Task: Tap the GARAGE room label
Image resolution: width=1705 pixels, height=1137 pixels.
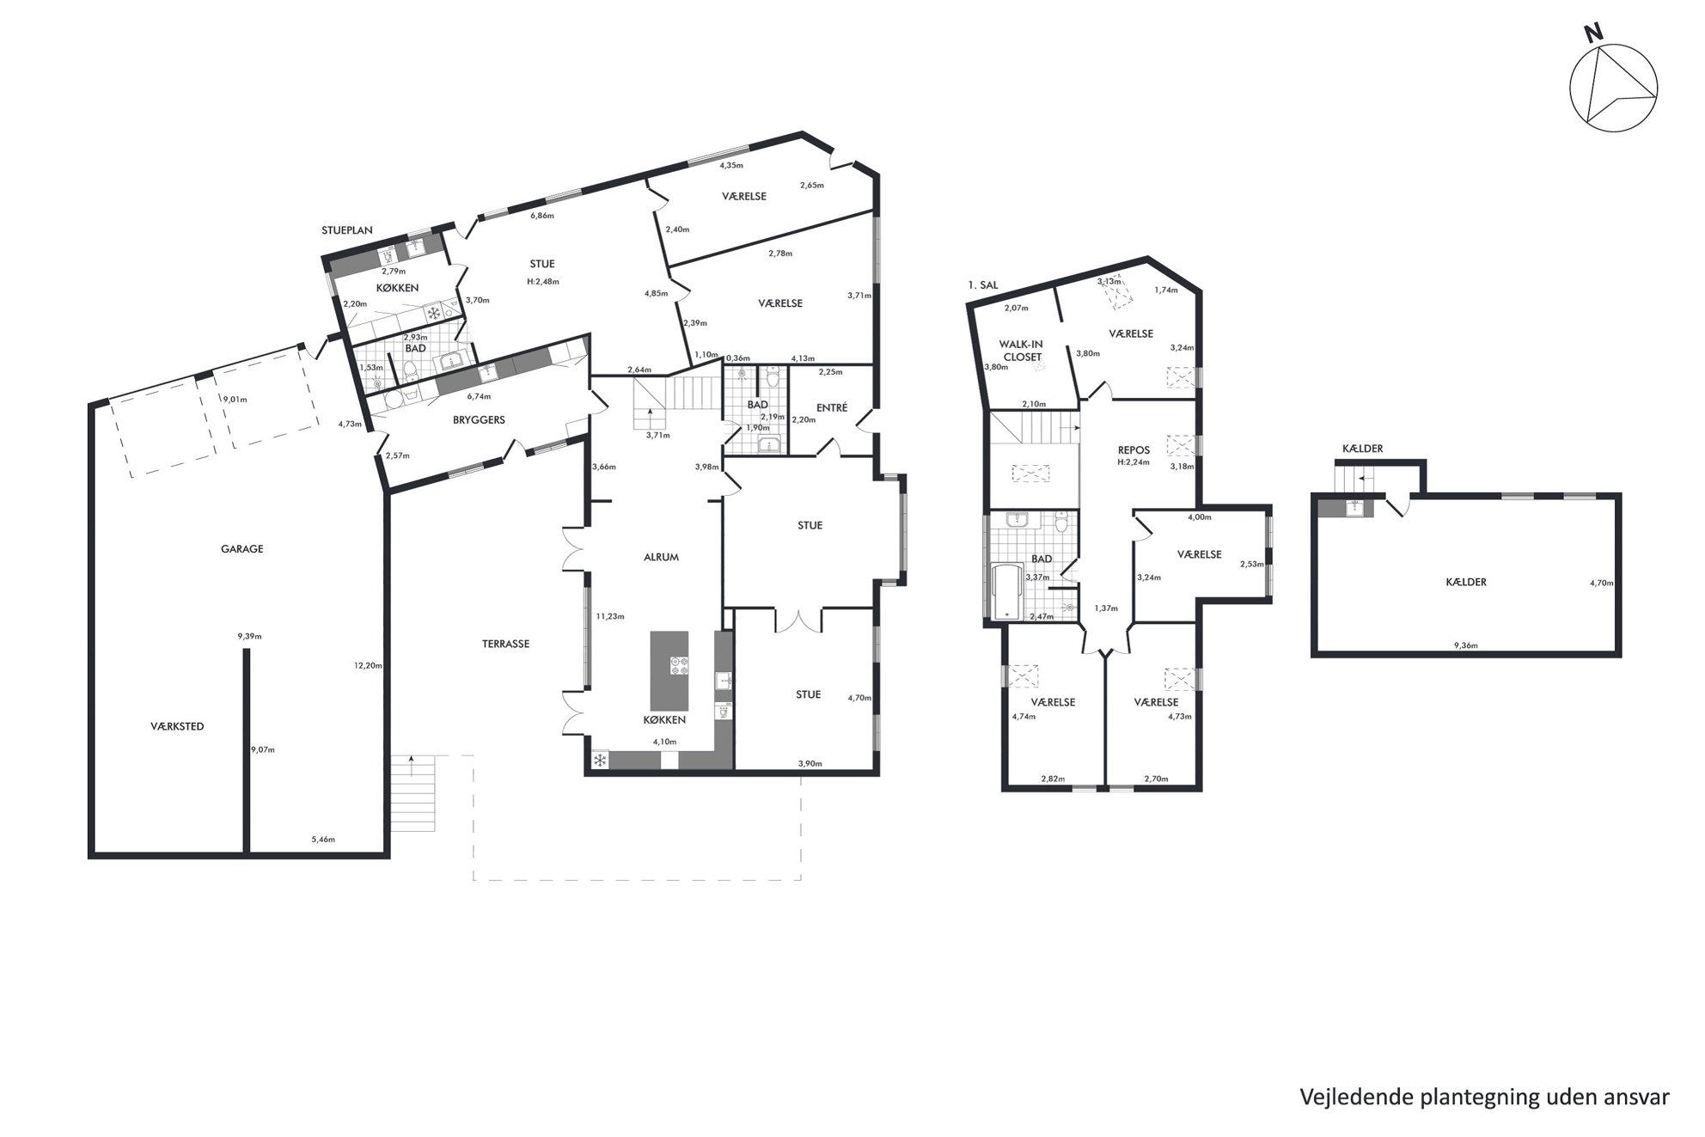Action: pyautogui.click(x=241, y=549)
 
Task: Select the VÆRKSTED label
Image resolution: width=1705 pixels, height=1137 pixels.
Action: pyautogui.click(x=177, y=726)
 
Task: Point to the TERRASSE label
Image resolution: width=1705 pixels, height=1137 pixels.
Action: pyautogui.click(x=505, y=644)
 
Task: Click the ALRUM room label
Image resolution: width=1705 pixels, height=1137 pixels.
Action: pyautogui.click(x=662, y=557)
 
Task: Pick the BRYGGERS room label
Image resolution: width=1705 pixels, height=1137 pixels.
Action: pyautogui.click(x=479, y=420)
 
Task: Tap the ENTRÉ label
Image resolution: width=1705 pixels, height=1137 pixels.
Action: pyautogui.click(x=832, y=407)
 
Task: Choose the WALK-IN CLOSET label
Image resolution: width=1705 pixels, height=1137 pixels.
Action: pyautogui.click(x=1021, y=351)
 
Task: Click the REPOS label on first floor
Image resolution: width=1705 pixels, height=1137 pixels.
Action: pyautogui.click(x=1134, y=450)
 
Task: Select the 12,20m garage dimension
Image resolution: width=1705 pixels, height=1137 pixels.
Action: pyautogui.click(x=368, y=664)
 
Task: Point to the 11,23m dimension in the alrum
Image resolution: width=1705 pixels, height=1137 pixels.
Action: pyautogui.click(x=610, y=616)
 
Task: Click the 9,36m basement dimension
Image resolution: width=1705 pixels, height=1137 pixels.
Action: pyautogui.click(x=1465, y=645)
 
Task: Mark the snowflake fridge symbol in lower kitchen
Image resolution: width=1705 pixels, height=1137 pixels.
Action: pyautogui.click(x=599, y=760)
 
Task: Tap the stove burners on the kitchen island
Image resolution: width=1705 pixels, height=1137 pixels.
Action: pyautogui.click(x=679, y=666)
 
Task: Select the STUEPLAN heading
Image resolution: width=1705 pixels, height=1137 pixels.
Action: pyautogui.click(x=347, y=230)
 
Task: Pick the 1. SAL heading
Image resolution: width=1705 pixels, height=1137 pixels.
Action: pyautogui.click(x=982, y=285)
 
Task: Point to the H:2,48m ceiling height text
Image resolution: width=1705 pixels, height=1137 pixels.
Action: pyautogui.click(x=543, y=282)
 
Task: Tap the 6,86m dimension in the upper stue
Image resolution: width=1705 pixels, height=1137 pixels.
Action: pyautogui.click(x=541, y=216)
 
